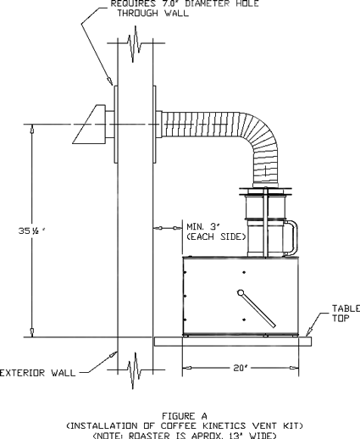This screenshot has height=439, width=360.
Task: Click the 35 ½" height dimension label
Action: coord(32,231)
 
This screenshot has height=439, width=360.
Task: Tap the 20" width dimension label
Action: coord(241,368)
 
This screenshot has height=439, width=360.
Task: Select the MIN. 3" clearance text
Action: coord(203,227)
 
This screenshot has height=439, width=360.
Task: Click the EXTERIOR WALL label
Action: coord(38,373)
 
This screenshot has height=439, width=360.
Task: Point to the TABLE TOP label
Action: coord(346,314)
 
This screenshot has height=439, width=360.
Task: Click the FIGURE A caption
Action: coord(185,416)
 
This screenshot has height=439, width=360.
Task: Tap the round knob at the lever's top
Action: coord(241,292)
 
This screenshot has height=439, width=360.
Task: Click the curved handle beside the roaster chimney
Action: coord(295,236)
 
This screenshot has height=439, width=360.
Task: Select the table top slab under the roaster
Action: coord(233,342)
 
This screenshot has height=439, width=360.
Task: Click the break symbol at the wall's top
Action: coord(136,44)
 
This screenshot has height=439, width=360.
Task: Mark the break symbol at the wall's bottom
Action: coord(136,370)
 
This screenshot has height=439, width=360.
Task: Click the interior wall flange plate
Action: coord(155,125)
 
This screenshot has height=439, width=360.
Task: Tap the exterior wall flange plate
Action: coord(116,125)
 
